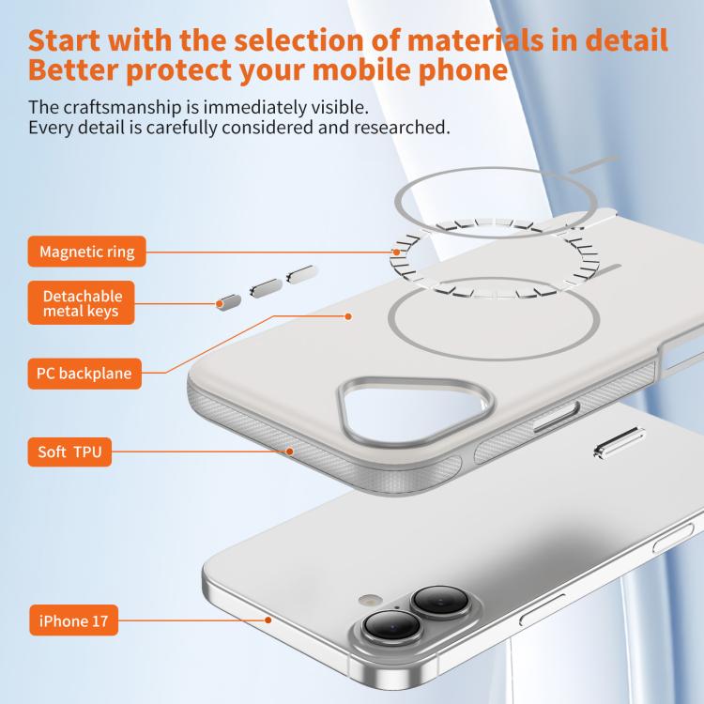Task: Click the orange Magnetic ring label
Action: click(x=86, y=252)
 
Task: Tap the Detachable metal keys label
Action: click(x=82, y=303)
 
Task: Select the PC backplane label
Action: click(x=84, y=374)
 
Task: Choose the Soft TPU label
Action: click(x=69, y=451)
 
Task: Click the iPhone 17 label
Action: click(x=73, y=620)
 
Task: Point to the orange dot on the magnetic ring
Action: click(x=396, y=253)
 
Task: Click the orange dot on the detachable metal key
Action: click(x=220, y=304)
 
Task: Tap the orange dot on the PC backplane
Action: click(x=348, y=316)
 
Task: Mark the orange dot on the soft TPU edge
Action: click(x=290, y=451)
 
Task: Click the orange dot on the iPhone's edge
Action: click(x=268, y=620)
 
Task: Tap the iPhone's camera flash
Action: click(x=371, y=600)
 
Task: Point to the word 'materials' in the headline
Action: click(x=476, y=40)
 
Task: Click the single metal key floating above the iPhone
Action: click(x=620, y=443)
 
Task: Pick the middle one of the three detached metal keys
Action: click(x=267, y=288)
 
